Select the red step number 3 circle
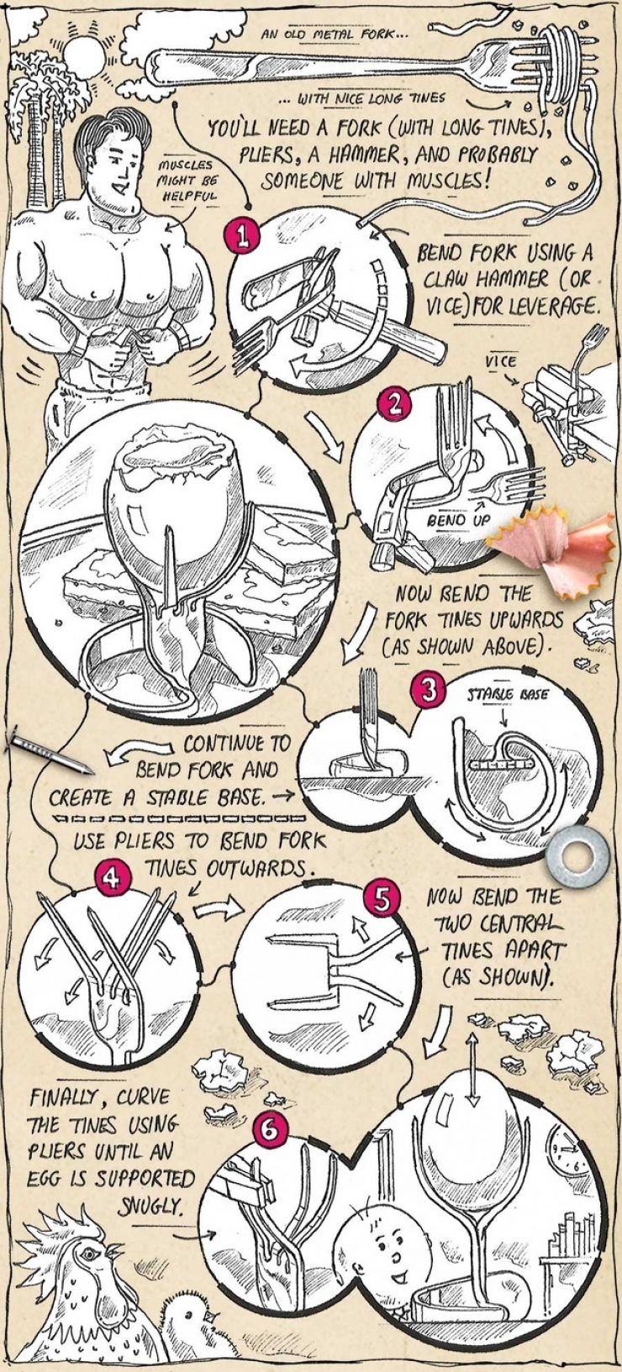pyautogui.click(x=429, y=691)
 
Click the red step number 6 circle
pyautogui.click(x=269, y=1130)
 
